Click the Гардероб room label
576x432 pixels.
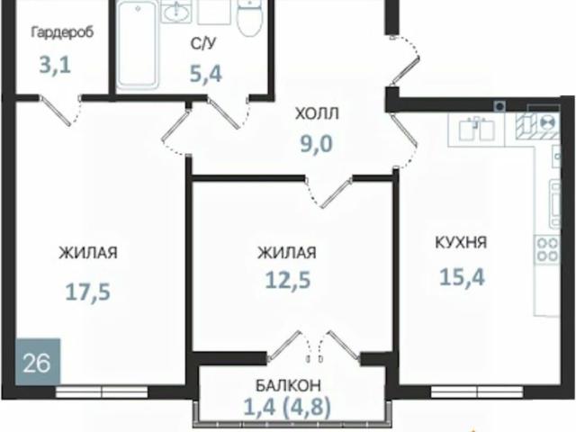tap(62, 33)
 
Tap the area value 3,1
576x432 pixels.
tap(55, 66)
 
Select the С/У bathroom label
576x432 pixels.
tap(203, 44)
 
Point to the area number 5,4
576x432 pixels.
tap(206, 74)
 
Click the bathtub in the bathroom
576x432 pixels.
tap(138, 45)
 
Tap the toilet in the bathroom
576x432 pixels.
tap(250, 18)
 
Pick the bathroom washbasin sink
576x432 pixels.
tap(176, 12)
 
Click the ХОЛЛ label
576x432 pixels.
tap(317, 114)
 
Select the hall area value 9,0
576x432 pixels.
tap(317, 143)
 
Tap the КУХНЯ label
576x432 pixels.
tap(461, 243)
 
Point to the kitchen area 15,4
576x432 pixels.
tap(462, 276)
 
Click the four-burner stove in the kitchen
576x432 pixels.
tap(547, 249)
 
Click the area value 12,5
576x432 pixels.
tap(288, 280)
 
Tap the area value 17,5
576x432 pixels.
tap(88, 292)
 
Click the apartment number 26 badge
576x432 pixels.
tap(38, 362)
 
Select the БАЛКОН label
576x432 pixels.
tap(288, 385)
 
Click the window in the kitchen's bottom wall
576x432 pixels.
tap(477, 391)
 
